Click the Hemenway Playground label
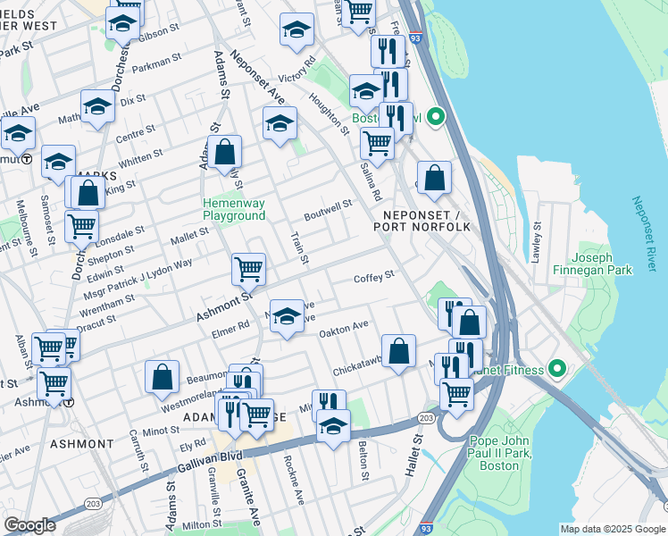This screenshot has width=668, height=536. (x=234, y=209)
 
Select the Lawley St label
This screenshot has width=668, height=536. (x=537, y=243)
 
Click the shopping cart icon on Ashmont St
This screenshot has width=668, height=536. (x=248, y=268)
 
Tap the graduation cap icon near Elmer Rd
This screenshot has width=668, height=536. (x=286, y=316)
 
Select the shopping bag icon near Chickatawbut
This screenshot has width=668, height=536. (x=398, y=350)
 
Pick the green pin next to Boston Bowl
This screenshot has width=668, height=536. (x=436, y=117)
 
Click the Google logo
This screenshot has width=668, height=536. (x=29, y=525)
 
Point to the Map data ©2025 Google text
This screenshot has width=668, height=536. (x=613, y=529)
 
